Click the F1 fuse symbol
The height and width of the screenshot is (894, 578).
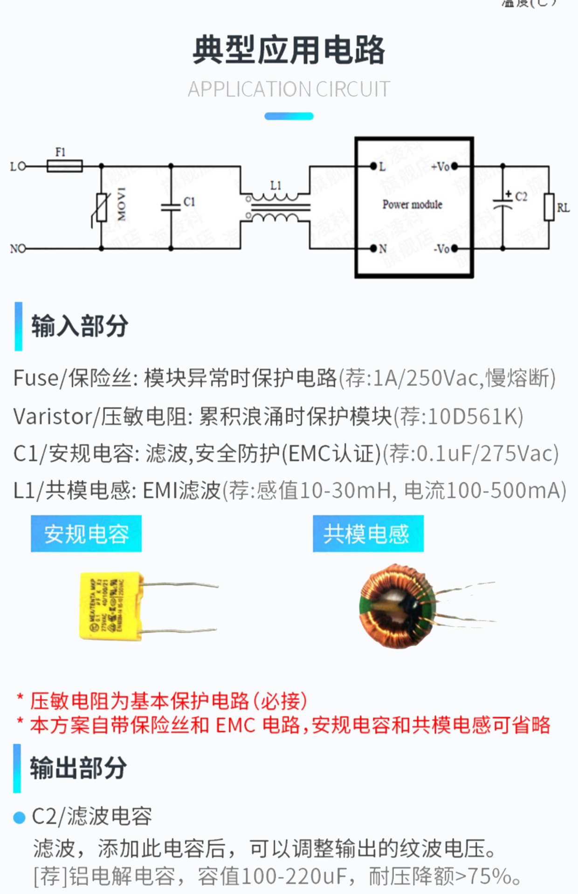tap(65, 166)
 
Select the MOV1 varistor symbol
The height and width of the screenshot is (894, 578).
tap(102, 207)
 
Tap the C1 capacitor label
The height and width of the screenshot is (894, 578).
tap(189, 202)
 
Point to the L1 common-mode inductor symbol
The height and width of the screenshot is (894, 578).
tap(275, 208)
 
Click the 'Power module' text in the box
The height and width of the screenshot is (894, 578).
tap(412, 205)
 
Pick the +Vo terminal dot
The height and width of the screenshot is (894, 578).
tap(454, 166)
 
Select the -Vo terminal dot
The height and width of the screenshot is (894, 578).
tap(454, 248)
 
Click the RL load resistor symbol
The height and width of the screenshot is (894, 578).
tap(549, 207)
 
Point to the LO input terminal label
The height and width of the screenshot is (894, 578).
tap(18, 166)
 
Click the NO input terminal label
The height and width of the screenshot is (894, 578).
tap(18, 249)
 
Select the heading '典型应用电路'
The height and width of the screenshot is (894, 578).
tap(289, 50)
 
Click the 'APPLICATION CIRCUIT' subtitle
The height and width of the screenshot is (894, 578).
tap(289, 89)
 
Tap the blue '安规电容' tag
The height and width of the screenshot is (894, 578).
tap(86, 534)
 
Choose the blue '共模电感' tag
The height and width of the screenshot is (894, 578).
tap(368, 534)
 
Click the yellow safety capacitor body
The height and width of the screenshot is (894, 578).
tap(111, 606)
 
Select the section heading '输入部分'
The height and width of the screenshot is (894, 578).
tap(80, 326)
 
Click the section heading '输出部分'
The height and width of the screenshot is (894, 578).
tap(78, 768)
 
